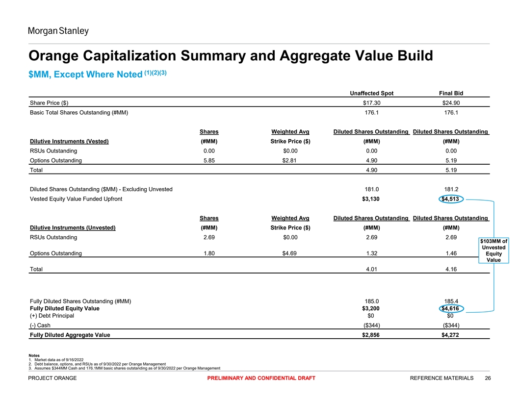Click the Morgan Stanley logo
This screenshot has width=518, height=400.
click(x=58, y=31)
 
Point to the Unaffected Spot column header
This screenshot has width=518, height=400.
click(x=371, y=93)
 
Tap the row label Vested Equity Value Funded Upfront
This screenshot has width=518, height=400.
click(x=76, y=199)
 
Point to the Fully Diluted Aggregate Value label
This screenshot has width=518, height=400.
click(x=70, y=335)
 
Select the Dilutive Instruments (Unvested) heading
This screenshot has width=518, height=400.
click(x=73, y=227)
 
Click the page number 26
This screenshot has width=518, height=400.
click(x=488, y=378)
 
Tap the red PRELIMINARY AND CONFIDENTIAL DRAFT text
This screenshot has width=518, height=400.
click(x=261, y=378)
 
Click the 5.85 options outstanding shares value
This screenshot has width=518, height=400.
click(x=209, y=160)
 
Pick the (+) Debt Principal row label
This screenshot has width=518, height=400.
click(x=52, y=316)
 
